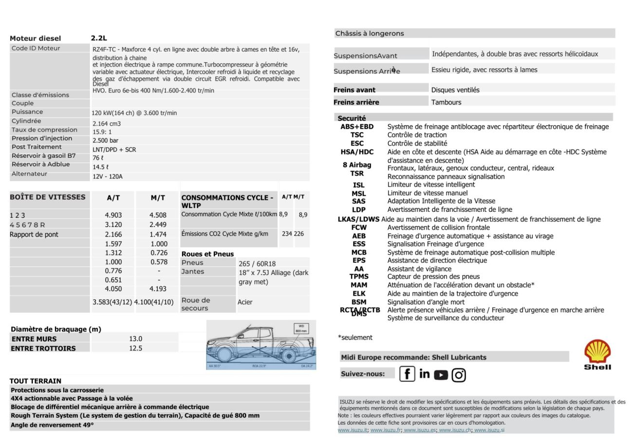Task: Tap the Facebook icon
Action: pos(407,374)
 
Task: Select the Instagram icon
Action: pos(459,374)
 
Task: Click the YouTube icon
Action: pos(441,374)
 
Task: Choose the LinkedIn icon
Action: pos(424,373)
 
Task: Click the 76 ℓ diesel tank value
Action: pos(97,158)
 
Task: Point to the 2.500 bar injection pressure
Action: pos(105,140)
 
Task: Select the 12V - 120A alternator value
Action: pos(108,176)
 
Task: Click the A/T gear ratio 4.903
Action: pos(113,215)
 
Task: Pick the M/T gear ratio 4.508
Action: pos(158,215)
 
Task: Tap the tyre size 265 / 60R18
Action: pos(257,263)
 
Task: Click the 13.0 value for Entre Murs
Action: pos(135,339)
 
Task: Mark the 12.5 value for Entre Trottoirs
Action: pos(135,348)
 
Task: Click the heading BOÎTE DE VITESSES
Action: pos(47,197)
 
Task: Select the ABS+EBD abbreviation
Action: pos(357,127)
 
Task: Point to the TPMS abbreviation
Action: pos(359,277)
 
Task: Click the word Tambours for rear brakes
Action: pos(446,102)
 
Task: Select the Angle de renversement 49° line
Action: pos(52,425)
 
